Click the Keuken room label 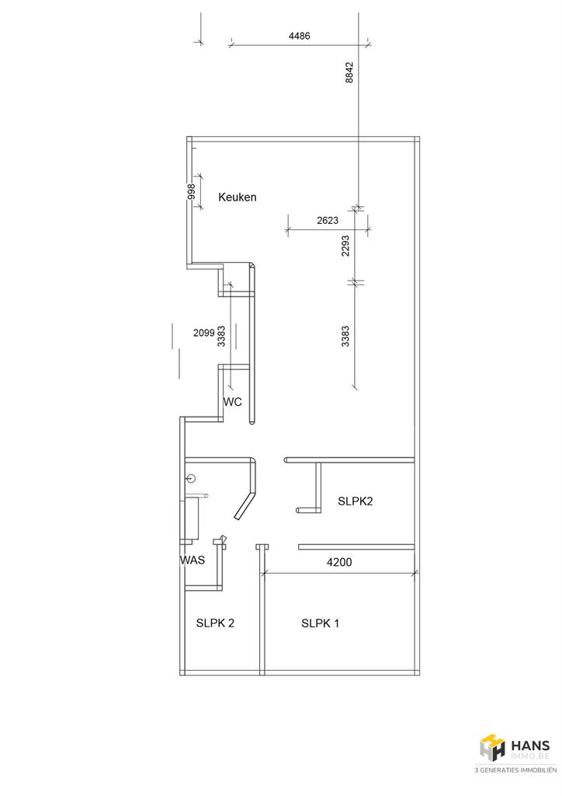(238, 197)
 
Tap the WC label (233, 402)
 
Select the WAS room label (193, 560)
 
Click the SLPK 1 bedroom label (321, 623)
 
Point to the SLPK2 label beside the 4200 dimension (356, 501)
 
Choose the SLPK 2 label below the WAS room (215, 623)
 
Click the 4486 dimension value (299, 36)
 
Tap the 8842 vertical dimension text (349, 72)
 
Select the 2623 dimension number (328, 220)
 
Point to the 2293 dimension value (345, 245)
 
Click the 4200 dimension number (339, 562)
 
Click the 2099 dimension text (204, 333)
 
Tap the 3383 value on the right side (345, 336)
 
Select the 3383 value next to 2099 (221, 336)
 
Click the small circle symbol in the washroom (191, 478)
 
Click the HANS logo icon (493, 747)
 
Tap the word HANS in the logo (530, 745)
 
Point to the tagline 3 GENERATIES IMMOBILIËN (515, 770)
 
